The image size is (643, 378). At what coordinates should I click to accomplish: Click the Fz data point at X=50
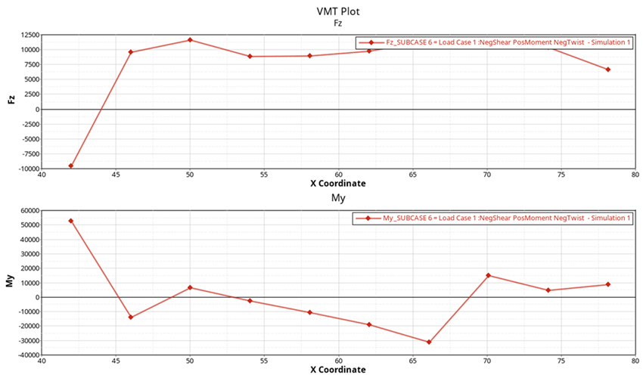[190, 40]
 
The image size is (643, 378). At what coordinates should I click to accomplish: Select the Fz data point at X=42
[71, 166]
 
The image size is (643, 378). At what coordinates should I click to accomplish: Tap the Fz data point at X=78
[607, 70]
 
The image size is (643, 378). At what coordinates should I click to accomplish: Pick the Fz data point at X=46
[131, 52]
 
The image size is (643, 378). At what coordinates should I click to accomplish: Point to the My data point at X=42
[71, 221]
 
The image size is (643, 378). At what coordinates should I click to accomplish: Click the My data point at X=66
[429, 342]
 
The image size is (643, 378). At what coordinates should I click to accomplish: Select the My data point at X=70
[488, 275]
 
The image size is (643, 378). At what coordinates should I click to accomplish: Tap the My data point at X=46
[131, 318]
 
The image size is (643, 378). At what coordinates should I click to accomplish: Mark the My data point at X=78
[607, 284]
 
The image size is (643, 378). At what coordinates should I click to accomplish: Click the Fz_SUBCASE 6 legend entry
[495, 42]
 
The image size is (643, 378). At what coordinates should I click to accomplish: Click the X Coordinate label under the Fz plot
[337, 184]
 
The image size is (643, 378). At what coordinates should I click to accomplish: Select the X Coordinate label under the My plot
[337, 370]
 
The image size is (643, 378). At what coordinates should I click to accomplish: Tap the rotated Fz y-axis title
[10, 101]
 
